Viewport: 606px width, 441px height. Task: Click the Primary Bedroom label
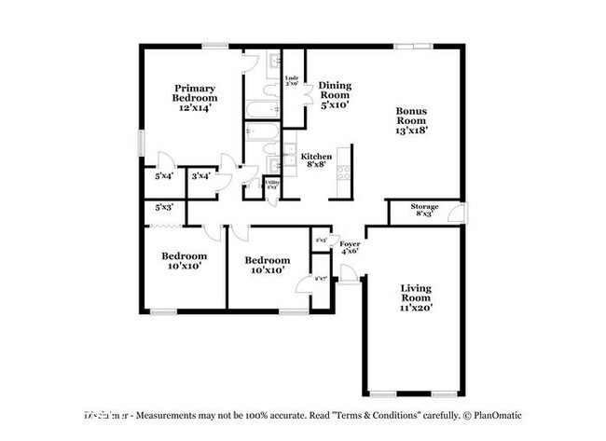point(195,91)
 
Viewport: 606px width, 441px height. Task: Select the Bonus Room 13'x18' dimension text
point(410,131)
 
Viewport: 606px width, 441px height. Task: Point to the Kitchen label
point(316,156)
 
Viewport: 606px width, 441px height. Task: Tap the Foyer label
point(351,243)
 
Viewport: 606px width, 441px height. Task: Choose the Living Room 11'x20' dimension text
point(416,307)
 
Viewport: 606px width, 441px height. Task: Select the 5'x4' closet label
point(164,175)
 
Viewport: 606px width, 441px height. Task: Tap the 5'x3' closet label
point(164,207)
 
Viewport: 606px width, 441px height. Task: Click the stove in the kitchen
point(344,172)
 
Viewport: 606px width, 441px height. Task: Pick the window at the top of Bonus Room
point(411,45)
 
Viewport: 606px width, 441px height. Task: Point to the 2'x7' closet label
point(321,278)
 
